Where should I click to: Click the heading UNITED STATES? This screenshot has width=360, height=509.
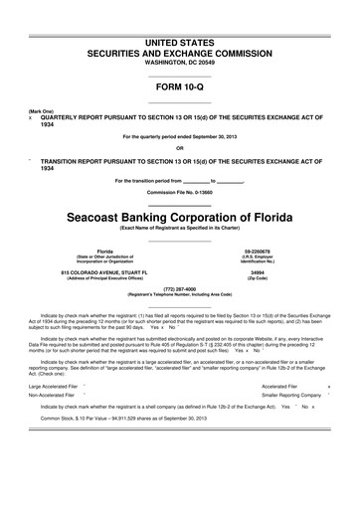point(180,16)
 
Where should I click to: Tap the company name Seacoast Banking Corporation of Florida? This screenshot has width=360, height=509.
point(180,217)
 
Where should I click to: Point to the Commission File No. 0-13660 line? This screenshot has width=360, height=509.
point(180,190)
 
